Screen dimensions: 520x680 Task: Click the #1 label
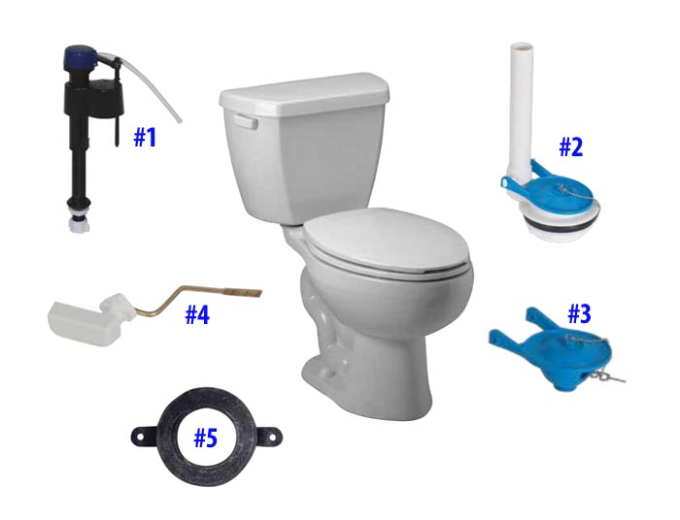(145, 137)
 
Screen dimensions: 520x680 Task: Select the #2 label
(570, 147)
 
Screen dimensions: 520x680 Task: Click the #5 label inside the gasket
(205, 439)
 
